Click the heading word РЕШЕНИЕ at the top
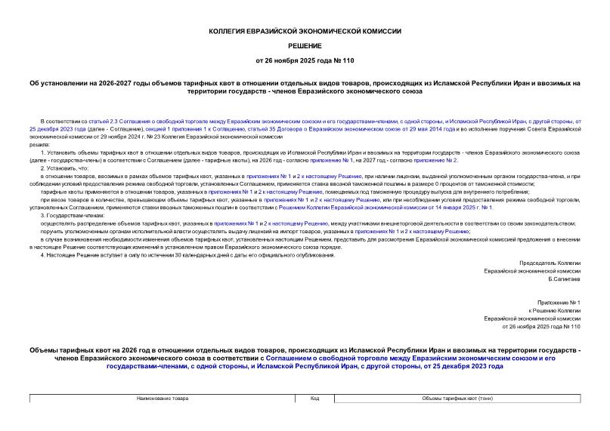[x=305, y=46]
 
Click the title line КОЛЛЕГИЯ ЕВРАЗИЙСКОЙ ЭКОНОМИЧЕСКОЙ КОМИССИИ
[x=305, y=32]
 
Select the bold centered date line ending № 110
[x=305, y=60]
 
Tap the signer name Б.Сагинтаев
[x=565, y=279]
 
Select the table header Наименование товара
[x=163, y=398]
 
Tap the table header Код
[x=314, y=398]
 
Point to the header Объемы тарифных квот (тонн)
[x=457, y=398]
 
